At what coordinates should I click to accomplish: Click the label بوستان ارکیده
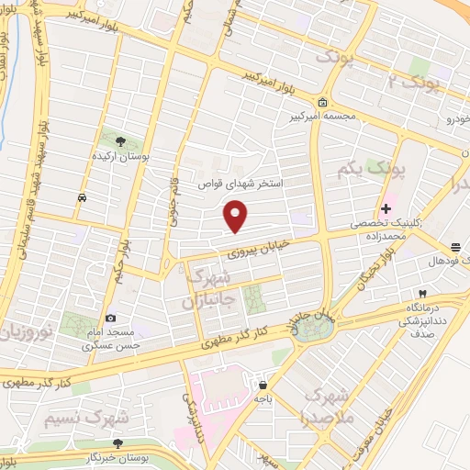pos(122,157)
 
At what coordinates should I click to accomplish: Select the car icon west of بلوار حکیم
pos(83,197)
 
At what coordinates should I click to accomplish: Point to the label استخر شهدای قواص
pos(242,184)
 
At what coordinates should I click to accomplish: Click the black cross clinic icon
pos(386,209)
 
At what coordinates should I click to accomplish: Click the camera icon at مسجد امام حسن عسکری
pos(111,318)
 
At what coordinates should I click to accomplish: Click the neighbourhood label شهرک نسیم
pos(85,417)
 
